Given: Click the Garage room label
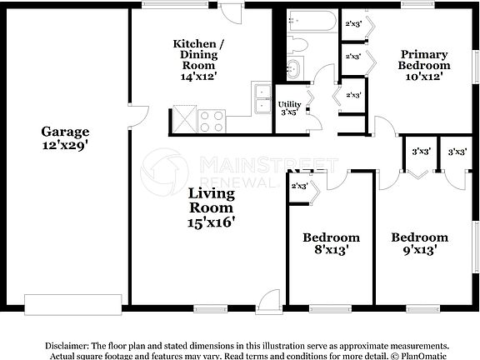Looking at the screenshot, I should pos(65,132).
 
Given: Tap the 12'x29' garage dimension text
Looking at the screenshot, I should pos(65,145).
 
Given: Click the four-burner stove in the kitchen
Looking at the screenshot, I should pos(211,121).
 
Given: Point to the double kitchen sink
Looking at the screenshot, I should pos(262,98).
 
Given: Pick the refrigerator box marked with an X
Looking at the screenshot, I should pos(184,120).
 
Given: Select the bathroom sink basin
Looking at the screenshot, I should pos(294,68).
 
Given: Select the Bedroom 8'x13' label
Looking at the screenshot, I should pos(331,243).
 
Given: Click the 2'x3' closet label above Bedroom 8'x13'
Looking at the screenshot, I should pos(299,186).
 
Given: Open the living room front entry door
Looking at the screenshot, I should pos(268,302).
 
